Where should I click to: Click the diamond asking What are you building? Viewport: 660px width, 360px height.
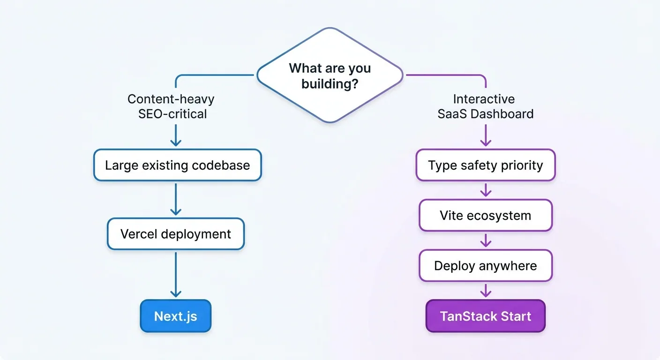coord(330,75)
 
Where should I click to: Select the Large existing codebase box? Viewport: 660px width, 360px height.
coord(177,165)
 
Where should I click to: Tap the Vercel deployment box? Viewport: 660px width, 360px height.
coord(176,234)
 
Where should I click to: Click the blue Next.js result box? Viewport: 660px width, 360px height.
coord(176,316)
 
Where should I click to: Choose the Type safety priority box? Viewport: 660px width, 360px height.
coord(485,165)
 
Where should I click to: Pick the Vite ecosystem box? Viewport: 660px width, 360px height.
coord(485,215)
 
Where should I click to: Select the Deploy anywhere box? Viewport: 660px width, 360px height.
coord(485,266)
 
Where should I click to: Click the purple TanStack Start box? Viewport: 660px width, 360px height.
coord(485,316)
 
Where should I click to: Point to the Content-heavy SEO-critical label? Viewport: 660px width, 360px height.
coord(172,106)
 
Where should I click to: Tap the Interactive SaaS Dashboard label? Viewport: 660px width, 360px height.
coord(485,106)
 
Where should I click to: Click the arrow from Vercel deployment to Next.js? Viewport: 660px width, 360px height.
coord(176,274)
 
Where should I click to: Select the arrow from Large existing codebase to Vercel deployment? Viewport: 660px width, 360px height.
coord(176,200)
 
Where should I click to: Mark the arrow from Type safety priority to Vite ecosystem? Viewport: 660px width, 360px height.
coord(486,190)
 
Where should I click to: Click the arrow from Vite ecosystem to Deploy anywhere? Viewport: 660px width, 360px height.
coord(486,240)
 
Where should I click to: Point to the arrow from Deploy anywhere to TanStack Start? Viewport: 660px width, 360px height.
coord(486,290)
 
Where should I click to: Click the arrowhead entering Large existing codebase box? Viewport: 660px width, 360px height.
coord(176,142)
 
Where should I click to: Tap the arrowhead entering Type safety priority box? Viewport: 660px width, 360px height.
coord(486,142)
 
